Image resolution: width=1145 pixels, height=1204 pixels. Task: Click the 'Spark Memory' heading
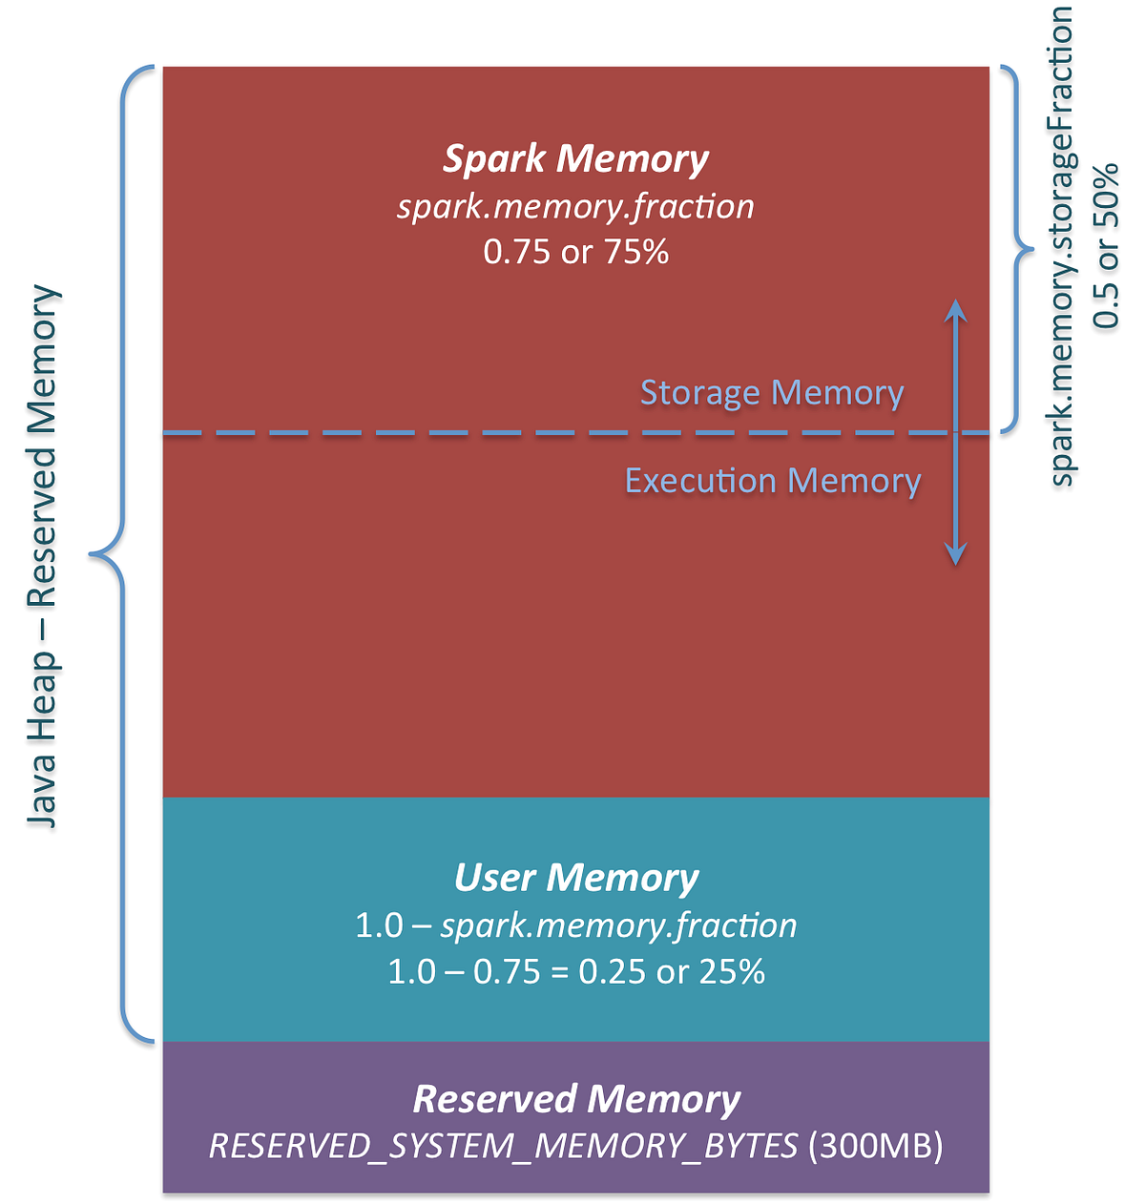(x=575, y=158)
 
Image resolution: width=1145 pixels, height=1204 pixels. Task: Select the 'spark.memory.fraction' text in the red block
(x=575, y=206)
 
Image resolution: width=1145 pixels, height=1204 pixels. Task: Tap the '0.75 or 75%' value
(x=575, y=252)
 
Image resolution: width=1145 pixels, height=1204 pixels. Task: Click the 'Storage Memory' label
(x=771, y=393)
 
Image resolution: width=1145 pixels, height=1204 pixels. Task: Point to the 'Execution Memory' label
(x=772, y=480)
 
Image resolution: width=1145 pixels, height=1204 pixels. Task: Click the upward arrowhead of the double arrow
(x=955, y=308)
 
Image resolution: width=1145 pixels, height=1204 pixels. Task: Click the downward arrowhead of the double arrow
(x=955, y=555)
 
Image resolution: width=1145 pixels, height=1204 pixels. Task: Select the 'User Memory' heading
(x=575, y=878)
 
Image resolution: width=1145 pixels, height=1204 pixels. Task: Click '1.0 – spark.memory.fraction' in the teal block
(x=575, y=925)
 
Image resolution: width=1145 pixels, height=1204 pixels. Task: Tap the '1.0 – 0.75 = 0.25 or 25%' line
(x=575, y=971)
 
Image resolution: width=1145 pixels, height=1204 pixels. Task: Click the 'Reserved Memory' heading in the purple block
(x=575, y=1099)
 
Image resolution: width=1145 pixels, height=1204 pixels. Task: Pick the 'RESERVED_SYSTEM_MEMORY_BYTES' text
(x=503, y=1146)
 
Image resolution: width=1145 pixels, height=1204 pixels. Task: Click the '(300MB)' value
(x=875, y=1146)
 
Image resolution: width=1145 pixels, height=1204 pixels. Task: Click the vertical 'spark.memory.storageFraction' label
(x=1061, y=246)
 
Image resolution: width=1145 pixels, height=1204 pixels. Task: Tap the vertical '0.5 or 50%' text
(x=1106, y=246)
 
